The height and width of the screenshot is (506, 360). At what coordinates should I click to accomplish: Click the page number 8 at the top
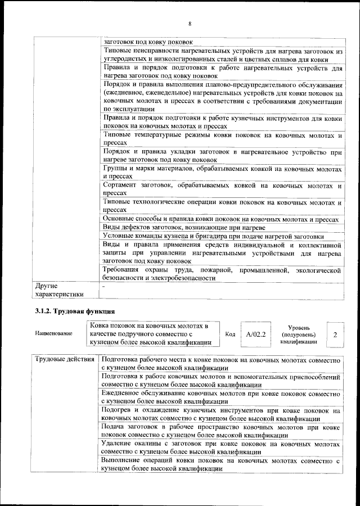pos(190,24)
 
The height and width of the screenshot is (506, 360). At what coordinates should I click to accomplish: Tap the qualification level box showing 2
pos(335,335)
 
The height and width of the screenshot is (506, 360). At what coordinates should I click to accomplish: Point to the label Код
pos(229,335)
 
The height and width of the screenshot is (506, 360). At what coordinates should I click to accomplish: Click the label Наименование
pos(53,335)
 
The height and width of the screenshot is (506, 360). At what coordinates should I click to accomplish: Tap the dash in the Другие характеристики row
pos(104,286)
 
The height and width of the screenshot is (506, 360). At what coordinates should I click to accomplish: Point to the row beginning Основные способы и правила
pos(220,219)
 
